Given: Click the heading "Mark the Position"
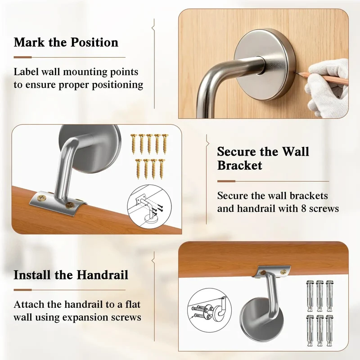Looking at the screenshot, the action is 66,42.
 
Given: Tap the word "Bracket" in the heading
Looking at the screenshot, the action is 239,165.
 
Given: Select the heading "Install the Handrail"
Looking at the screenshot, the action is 71,275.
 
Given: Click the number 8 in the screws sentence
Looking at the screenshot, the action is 303,209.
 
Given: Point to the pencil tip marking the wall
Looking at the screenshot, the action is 297,73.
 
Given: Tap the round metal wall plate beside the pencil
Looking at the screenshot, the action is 265,64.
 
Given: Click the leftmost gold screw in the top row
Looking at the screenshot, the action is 133,144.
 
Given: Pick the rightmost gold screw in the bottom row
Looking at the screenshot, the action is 162,169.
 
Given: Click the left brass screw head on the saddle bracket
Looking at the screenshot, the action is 42,197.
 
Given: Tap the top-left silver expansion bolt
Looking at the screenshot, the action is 310,296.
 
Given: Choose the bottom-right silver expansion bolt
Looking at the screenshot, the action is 329,331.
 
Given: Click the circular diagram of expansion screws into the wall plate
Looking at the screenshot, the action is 209,310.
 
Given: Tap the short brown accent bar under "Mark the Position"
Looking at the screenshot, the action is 23,57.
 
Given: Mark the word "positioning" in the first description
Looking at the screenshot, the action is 117,85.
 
